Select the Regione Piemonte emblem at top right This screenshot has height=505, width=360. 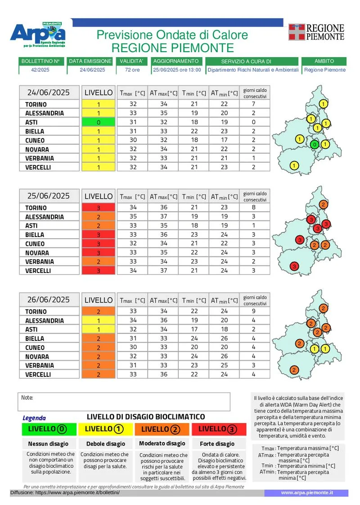(317, 32)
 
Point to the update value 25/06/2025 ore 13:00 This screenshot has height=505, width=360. (177, 70)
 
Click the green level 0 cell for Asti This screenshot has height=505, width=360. (99, 122)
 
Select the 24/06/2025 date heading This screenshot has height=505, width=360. (49, 93)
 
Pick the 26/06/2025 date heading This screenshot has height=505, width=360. (49, 300)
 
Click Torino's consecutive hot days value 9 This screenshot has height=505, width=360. (254, 312)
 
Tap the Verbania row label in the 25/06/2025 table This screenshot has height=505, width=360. (40, 262)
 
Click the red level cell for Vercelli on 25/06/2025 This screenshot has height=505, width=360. (99, 271)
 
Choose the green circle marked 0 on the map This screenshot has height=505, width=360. (315, 144)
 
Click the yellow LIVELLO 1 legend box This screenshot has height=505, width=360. (105, 429)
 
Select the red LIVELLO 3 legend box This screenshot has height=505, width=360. (219, 429)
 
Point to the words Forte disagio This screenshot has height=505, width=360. (217, 444)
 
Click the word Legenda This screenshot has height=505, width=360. (34, 418)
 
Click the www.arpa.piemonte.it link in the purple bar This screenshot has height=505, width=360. (307, 493)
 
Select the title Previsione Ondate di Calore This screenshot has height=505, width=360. (172, 35)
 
